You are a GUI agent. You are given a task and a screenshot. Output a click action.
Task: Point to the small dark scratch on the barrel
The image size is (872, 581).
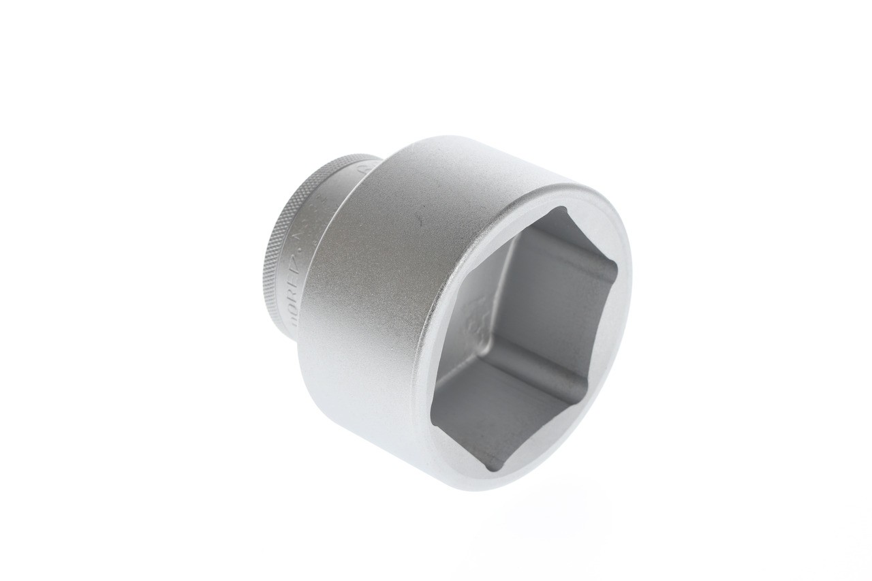coord(420,222)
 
